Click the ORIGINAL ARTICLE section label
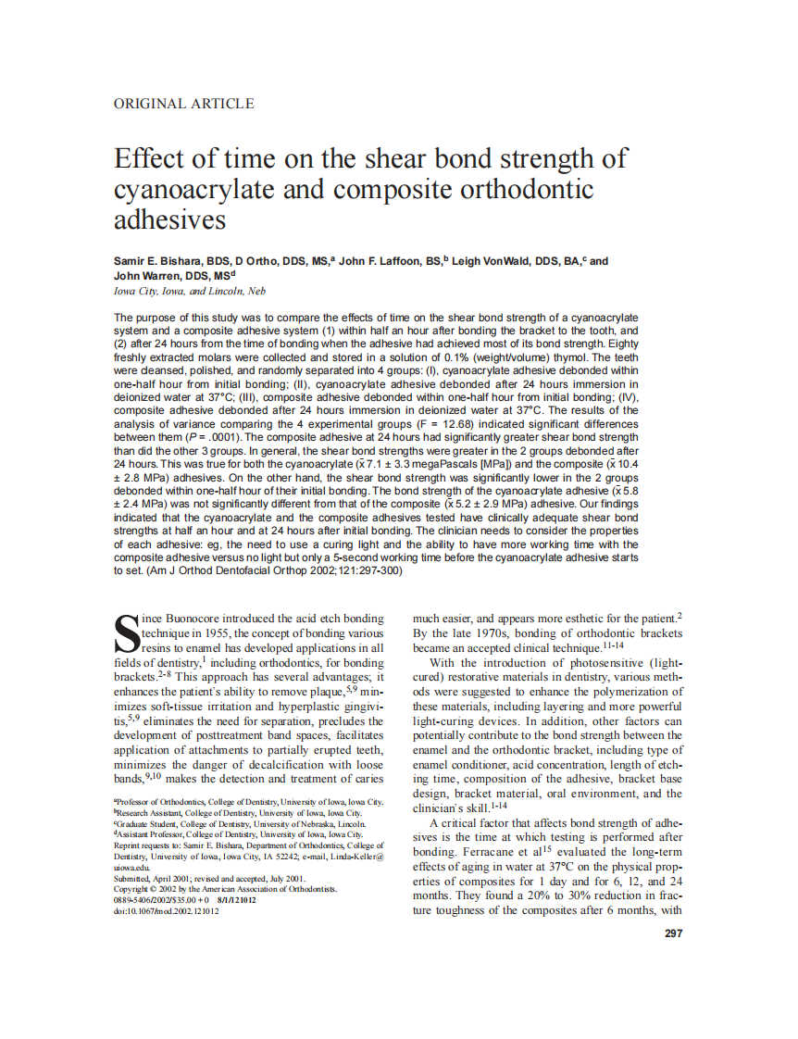[x=183, y=104]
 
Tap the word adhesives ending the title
[x=169, y=220]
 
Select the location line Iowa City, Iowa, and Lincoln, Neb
[x=189, y=291]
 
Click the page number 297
[x=674, y=933]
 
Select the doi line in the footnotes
[x=167, y=911]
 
